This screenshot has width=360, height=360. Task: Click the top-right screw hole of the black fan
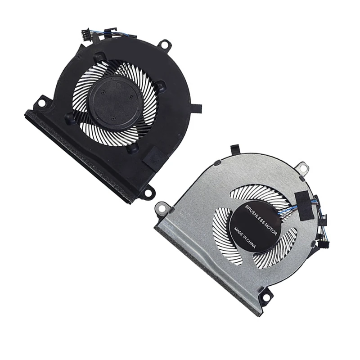click(x=166, y=44)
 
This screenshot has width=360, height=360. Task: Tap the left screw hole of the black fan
click(x=42, y=103)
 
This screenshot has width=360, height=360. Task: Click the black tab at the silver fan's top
click(x=234, y=148)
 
